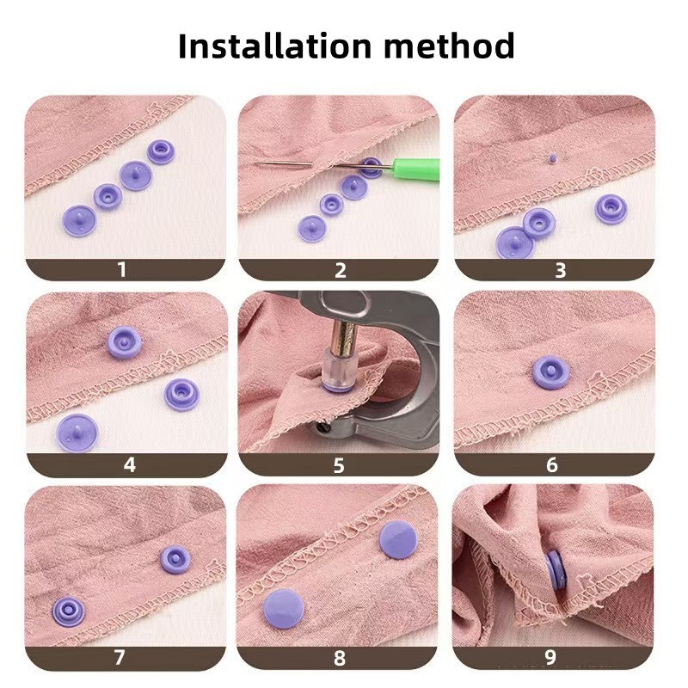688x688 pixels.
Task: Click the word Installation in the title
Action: tap(275, 46)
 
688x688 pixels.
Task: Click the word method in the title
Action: tap(449, 46)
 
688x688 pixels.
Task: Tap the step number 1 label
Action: tap(122, 270)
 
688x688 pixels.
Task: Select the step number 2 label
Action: tap(340, 270)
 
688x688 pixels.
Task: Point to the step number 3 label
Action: tap(561, 270)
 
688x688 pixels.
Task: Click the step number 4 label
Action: tap(130, 464)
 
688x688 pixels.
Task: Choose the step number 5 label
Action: tap(339, 465)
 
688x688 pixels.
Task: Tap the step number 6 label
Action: tap(552, 464)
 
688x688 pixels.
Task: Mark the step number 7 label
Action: tap(120, 657)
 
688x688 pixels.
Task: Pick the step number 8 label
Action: tap(340, 658)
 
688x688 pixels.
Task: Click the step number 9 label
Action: tap(550, 657)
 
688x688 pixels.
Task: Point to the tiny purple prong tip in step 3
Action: tap(552, 157)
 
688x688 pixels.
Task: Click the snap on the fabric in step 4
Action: tap(125, 341)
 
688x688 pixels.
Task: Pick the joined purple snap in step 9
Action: tap(556, 571)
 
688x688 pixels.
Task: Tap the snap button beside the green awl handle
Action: tap(372, 167)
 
